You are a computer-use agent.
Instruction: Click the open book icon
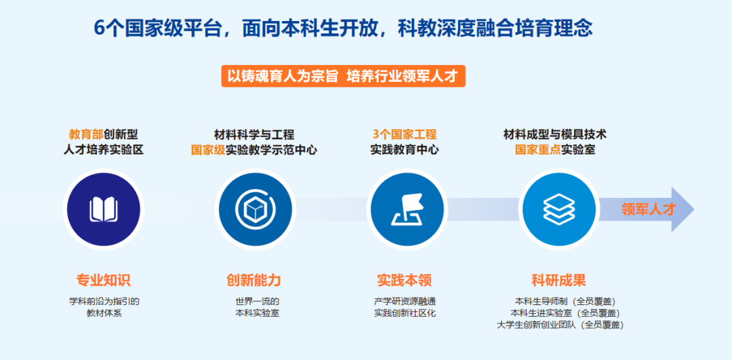coord(104,209)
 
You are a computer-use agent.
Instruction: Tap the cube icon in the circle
coord(256,209)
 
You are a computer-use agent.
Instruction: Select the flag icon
coord(407,209)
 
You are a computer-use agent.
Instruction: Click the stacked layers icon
coord(558,209)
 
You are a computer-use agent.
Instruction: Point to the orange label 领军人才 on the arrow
coord(649,209)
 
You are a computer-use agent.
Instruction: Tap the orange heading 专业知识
coord(103,280)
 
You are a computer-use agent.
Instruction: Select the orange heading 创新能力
coord(253,280)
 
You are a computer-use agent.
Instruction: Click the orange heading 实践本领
coord(404,280)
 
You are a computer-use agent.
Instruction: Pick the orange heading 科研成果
coord(558,280)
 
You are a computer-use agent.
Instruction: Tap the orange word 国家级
coord(208,151)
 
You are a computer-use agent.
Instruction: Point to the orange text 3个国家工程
coord(405,134)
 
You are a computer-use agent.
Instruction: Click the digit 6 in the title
coord(98,28)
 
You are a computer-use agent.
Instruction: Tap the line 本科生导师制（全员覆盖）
coord(565,301)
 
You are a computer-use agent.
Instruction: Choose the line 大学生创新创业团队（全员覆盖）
coord(561,325)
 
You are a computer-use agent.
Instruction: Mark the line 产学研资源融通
coord(405,301)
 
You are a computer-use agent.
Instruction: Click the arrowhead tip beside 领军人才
coord(694,209)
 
